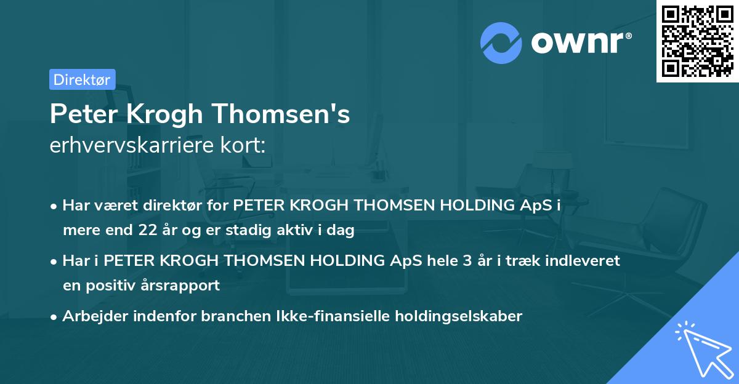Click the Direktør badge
pyautogui.click(x=82, y=79)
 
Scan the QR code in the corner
pyautogui.click(x=697, y=41)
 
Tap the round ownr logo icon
pyautogui.click(x=501, y=42)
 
